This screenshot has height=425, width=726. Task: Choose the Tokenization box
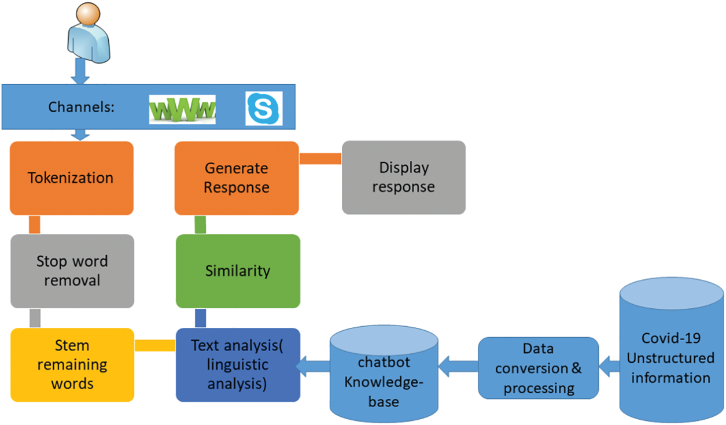[x=72, y=178]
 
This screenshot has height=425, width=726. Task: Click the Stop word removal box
[x=72, y=271]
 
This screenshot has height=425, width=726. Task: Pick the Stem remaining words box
[x=72, y=364]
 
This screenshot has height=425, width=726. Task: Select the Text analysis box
[x=238, y=364]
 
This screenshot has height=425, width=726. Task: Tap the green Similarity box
[x=238, y=271]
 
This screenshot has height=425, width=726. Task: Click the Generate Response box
[x=237, y=178]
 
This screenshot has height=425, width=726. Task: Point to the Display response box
[x=404, y=178]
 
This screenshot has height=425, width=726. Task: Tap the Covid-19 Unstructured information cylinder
[x=671, y=359]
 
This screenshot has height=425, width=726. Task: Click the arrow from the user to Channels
[x=79, y=71]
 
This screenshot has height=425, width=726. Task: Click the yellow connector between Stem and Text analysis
[x=154, y=345]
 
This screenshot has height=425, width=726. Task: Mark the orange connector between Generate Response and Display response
[x=320, y=158]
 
